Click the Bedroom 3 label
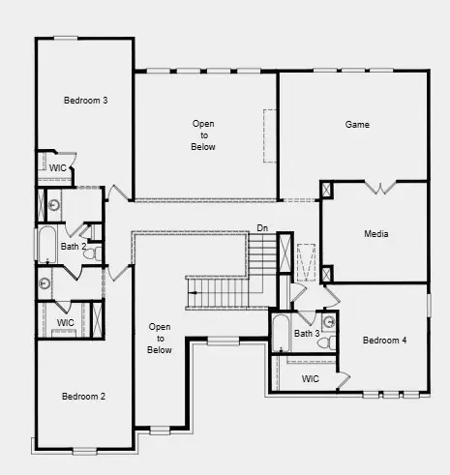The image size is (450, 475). tap(85, 101)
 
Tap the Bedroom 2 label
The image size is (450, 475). tap(83, 396)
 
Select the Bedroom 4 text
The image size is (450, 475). tap(384, 341)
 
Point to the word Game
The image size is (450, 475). tap(357, 125)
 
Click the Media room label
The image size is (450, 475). tap(376, 234)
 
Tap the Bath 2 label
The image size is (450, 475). tap(74, 247)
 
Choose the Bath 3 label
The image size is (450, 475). tap(307, 334)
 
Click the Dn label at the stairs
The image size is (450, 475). tap(261, 228)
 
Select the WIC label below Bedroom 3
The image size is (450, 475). tap(58, 167)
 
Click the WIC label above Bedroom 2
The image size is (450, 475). tap(65, 322)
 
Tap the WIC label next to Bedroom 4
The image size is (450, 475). tap(311, 378)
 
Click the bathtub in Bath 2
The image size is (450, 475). tap(45, 245)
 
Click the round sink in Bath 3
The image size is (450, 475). tap(328, 322)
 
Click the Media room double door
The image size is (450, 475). tap(376, 186)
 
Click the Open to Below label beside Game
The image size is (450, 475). tap(203, 134)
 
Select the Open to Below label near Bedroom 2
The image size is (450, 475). tap(160, 339)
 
